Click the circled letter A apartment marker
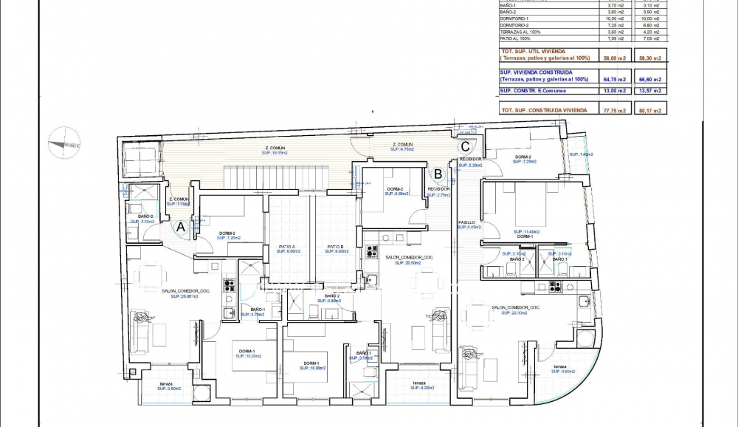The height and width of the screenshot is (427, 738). click(x=179, y=228)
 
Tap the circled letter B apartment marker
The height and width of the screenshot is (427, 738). click(x=438, y=174)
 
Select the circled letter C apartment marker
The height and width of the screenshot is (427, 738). click(x=465, y=146)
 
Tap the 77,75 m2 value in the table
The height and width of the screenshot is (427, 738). click(x=614, y=110)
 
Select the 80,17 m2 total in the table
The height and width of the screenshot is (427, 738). click(x=650, y=110)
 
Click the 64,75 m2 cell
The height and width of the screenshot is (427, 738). click(x=614, y=79)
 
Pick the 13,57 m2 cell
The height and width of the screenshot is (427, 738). click(x=650, y=91)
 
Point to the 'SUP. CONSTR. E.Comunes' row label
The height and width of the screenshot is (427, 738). click(x=534, y=90)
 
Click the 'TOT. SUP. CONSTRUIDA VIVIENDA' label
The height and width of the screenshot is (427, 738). click(x=545, y=109)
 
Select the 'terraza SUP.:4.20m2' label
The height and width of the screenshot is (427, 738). click(x=419, y=385)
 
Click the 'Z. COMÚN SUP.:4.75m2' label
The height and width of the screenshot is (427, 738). click(x=402, y=146)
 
